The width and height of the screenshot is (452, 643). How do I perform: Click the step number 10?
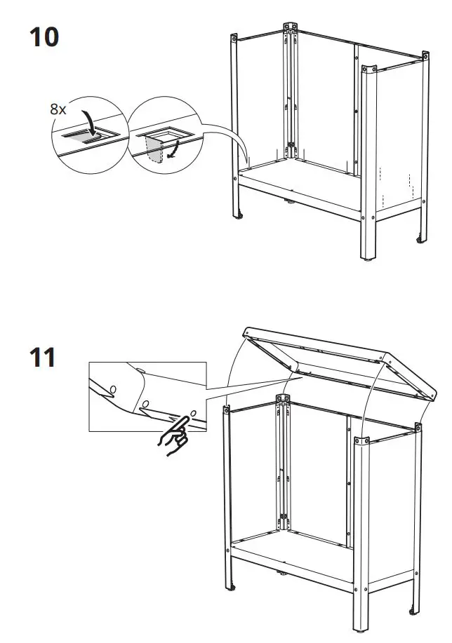pyautogui.click(x=44, y=36)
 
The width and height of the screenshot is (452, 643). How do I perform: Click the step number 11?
pyautogui.click(x=43, y=358)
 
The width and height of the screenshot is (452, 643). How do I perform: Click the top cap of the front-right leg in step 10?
pyautogui.click(x=367, y=70)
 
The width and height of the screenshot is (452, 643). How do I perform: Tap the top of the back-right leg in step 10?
pyautogui.click(x=424, y=53)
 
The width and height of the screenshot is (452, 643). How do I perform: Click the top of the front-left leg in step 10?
pyautogui.click(x=234, y=36)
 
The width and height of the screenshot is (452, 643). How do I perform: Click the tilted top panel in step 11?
pyautogui.click(x=337, y=365)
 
